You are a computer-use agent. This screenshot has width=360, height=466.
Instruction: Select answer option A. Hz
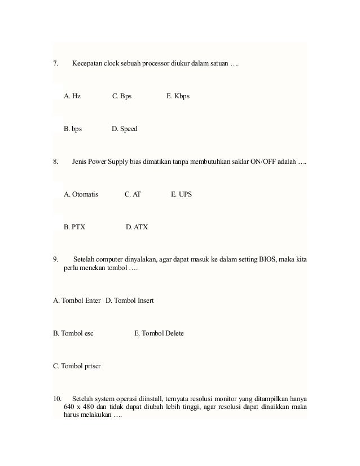coord(72,96)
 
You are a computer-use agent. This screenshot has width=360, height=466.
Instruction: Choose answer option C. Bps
coord(122,96)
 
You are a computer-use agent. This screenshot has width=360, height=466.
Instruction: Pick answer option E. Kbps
coord(178,96)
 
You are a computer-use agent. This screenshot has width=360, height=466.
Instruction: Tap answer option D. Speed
coord(125,129)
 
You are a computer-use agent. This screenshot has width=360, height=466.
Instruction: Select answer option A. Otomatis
coord(81,195)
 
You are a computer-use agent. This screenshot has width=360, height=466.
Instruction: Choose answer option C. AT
coord(133,195)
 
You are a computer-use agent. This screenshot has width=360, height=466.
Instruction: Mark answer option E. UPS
coord(181,195)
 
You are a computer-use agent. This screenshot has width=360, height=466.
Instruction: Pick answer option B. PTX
coord(75,228)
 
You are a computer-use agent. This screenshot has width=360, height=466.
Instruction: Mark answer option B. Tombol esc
coord(73,334)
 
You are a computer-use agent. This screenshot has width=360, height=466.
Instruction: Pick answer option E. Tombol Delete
coord(159,334)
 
